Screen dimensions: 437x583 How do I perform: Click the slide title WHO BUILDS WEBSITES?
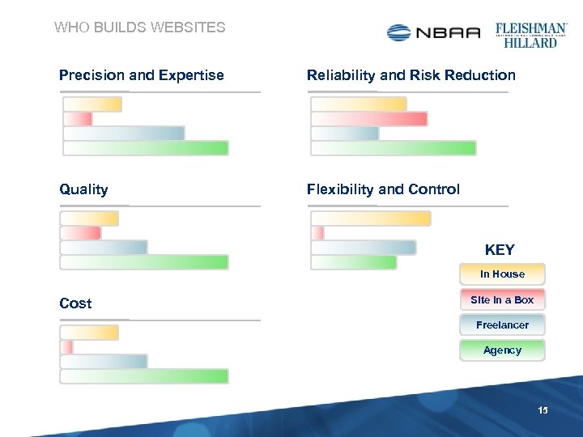pos(139,28)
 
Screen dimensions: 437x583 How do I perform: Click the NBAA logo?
pos(433,32)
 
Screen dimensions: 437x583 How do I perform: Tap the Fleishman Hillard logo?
pos(530,35)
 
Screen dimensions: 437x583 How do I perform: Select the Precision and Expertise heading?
pos(141,75)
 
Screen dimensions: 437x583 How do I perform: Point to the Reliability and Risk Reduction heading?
pos(411,75)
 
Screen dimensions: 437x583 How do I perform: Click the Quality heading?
pos(83,189)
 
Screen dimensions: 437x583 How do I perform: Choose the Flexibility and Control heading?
pos(383,189)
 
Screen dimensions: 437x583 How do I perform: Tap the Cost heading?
pos(75,303)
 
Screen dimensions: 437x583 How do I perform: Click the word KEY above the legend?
pos(500,250)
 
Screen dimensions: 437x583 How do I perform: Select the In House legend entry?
pos(502,274)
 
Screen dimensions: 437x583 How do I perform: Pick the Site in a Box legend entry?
pos(502,300)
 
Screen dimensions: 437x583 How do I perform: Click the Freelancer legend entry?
pos(502,325)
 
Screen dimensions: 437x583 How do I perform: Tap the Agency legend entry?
pos(502,350)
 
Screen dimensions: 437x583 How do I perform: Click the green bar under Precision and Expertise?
pos(146,148)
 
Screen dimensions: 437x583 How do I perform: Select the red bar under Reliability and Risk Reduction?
pos(369,119)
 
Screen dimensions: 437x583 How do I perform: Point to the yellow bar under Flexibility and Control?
pos(371,218)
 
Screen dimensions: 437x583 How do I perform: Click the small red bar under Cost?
pos(67,347)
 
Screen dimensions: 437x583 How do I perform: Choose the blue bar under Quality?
pos(104,248)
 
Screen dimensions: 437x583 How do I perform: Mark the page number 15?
pos(543,411)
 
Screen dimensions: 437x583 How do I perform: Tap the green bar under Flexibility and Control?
pos(354,262)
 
